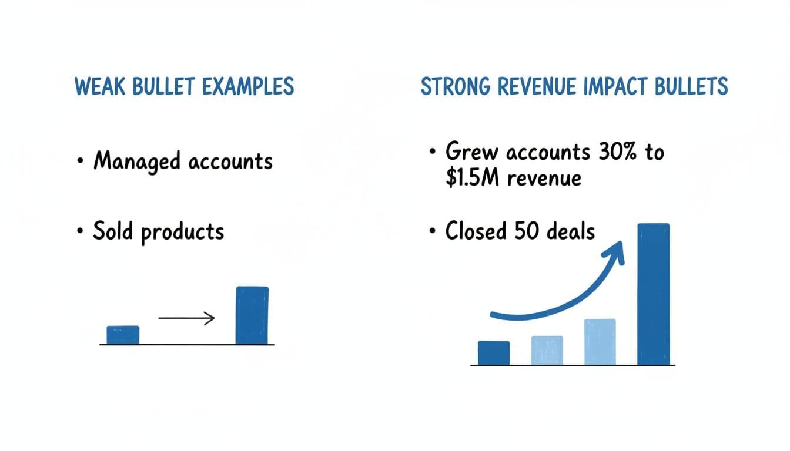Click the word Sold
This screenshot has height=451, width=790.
click(x=114, y=231)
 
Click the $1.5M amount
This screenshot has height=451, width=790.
click(x=471, y=177)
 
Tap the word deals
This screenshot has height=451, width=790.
click(x=570, y=231)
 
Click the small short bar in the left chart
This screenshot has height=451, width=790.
click(x=123, y=335)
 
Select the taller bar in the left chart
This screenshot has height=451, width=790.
click(x=252, y=315)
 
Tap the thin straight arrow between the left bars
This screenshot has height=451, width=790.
click(x=186, y=319)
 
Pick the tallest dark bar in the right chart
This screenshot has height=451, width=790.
click(x=653, y=294)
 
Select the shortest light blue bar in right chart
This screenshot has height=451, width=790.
click(x=547, y=350)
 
